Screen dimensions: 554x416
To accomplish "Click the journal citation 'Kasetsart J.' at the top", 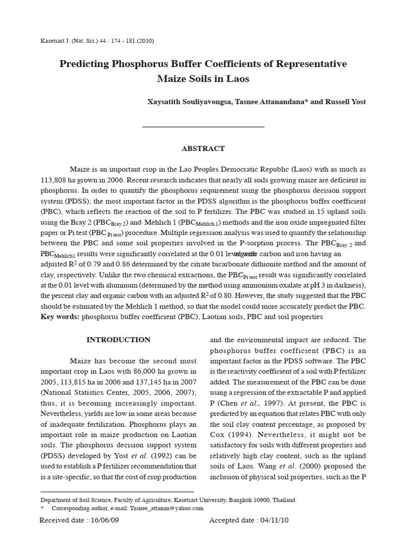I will pos(57,41).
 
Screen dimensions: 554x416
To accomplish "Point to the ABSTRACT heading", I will pos(203,148).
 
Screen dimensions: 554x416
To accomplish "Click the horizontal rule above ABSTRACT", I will pos(203,127).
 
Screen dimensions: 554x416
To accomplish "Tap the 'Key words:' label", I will pos(60,316).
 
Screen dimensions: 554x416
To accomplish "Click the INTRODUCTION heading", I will pos(119,340).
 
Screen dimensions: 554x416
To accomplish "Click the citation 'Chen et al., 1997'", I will pos(256,403).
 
